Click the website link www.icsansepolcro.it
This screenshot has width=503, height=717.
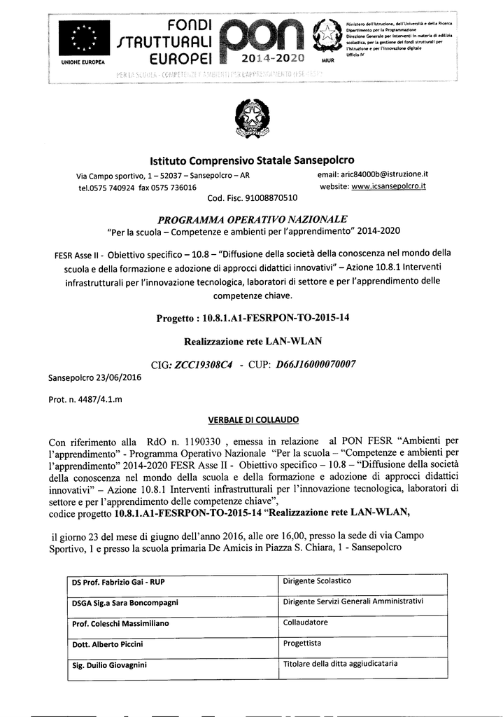pyautogui.click(x=388, y=186)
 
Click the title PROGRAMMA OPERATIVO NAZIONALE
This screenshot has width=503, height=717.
pyautogui.click(x=252, y=219)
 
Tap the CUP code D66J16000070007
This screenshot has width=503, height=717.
pyautogui.click(x=316, y=364)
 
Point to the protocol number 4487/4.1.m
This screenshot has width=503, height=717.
pyautogui.click(x=96, y=399)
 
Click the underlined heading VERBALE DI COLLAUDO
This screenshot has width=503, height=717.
pyautogui.click(x=253, y=420)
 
